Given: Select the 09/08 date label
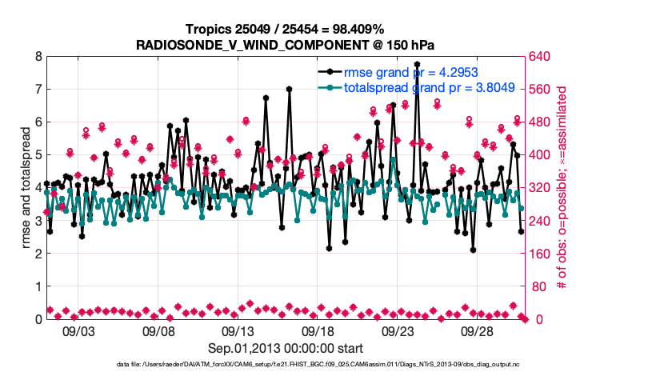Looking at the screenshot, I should click(x=158, y=330).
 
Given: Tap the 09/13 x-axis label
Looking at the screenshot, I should click(x=238, y=330).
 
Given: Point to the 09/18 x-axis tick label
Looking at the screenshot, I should click(x=318, y=330).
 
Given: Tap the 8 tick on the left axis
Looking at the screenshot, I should click(x=37, y=57).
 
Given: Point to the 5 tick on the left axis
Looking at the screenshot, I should click(x=37, y=155).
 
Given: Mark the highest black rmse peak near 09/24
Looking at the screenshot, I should click(x=417, y=64).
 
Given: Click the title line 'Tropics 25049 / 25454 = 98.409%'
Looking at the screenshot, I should click(x=285, y=30).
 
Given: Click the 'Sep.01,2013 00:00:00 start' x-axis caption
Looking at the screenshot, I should click(x=286, y=348).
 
